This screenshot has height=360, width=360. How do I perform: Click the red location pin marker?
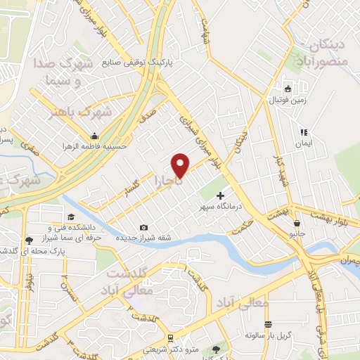(181, 164)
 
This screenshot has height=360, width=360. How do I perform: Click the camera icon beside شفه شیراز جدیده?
(143, 227)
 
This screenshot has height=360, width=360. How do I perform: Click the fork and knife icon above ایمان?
(304, 132)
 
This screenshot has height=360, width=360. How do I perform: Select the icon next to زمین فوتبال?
(288, 89)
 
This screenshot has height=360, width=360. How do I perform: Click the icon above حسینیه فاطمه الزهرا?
(92, 136)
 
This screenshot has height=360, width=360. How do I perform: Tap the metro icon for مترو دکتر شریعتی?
(169, 338)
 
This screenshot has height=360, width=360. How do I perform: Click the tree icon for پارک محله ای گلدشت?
(29, 240)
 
